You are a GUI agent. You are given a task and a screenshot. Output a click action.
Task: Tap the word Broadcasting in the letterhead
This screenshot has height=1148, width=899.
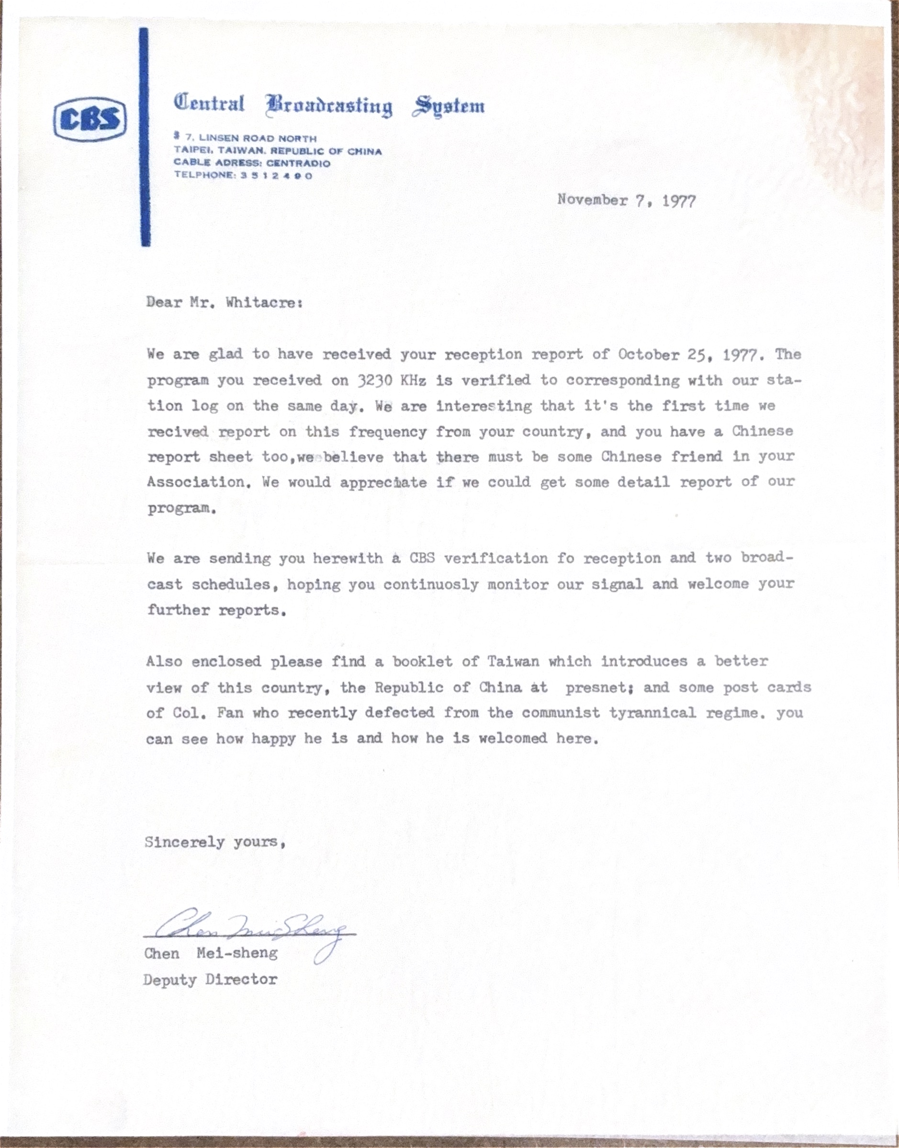pos(329,106)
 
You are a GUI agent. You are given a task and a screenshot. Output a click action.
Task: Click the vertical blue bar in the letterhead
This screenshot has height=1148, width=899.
pos(145,137)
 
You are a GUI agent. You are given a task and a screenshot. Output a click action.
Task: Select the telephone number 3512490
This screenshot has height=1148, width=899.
pos(276,176)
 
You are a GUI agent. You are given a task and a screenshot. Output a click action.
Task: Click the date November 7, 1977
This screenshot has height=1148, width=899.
pos(626,201)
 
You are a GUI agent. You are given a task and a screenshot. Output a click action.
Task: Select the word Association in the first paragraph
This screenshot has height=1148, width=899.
pos(196,482)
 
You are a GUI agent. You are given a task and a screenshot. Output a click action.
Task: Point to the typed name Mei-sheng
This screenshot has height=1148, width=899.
pos(237,953)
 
